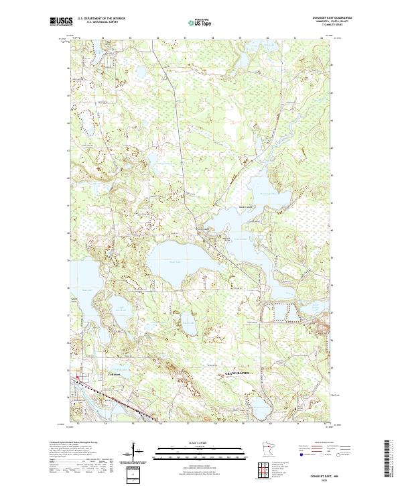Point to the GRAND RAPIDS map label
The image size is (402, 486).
(x=236, y=372)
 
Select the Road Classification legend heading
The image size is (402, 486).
(x=325, y=443)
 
